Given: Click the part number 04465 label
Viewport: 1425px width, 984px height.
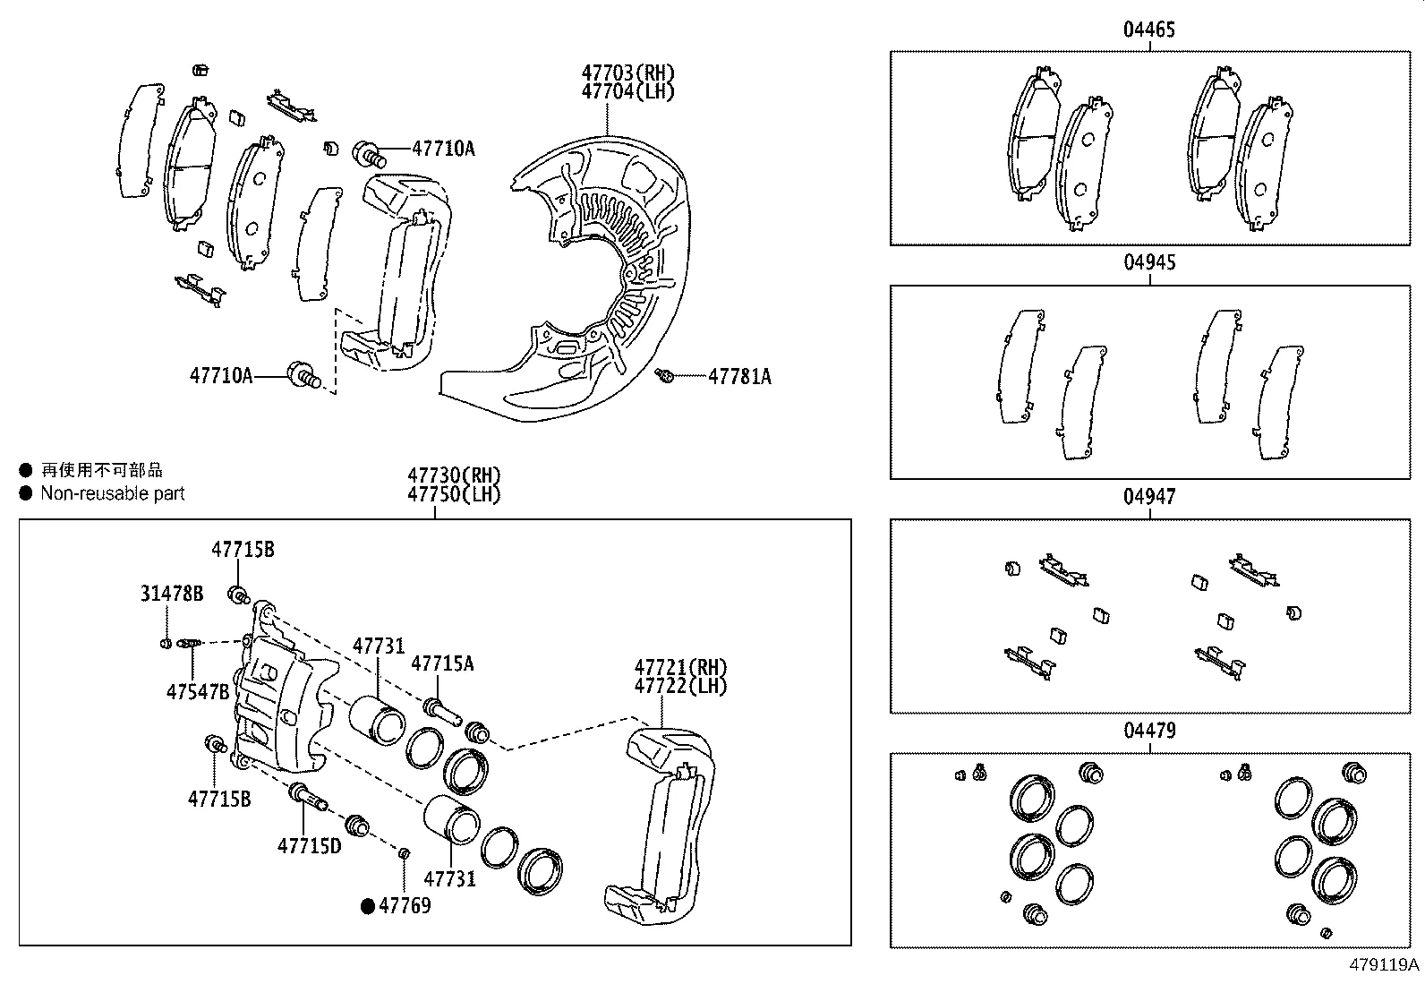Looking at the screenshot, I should tap(1149, 30).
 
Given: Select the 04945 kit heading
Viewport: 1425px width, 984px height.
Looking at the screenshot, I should tap(1149, 263).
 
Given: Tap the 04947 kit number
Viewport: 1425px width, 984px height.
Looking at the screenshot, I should tap(1149, 497).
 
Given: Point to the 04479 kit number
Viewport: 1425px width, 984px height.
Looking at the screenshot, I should tap(1149, 731).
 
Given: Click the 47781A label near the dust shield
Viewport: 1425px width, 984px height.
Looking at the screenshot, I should tap(739, 377).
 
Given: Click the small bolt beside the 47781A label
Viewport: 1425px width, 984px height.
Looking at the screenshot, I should tap(665, 376).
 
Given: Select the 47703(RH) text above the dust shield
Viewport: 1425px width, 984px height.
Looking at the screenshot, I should tap(627, 73).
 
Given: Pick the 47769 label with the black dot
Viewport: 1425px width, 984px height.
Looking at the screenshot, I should tap(404, 906).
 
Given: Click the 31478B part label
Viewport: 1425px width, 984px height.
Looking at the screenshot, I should tap(172, 593).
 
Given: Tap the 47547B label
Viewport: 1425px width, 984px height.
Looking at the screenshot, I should tap(198, 691).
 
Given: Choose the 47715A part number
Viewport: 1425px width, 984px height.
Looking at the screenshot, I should tap(442, 663).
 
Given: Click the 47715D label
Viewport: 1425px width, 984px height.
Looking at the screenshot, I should tap(309, 845).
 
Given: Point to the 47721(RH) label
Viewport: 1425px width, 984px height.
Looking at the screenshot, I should tap(680, 667).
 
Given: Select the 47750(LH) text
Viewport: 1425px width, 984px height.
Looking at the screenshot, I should tap(454, 494).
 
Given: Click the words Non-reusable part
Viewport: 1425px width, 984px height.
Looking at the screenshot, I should tap(112, 493).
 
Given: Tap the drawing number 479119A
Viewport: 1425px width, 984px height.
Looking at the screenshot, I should tap(1384, 965).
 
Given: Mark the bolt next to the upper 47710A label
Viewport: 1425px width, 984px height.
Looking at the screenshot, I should tap(371, 154).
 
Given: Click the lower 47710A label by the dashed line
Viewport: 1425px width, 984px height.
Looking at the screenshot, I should tap(220, 375).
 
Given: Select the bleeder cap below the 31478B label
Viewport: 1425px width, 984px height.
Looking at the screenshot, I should tap(166, 643).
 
